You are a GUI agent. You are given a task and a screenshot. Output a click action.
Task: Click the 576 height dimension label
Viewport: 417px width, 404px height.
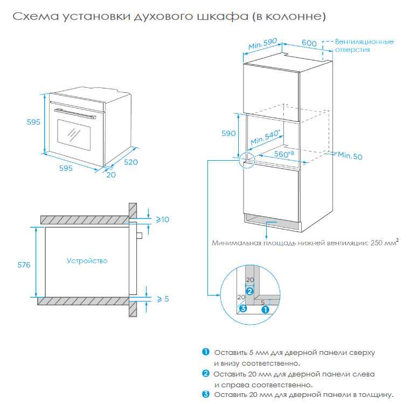(x=24, y=265)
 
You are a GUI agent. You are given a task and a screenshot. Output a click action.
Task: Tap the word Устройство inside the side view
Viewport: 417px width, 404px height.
(x=87, y=261)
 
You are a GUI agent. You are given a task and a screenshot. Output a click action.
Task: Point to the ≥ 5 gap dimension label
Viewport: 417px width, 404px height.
(x=163, y=299)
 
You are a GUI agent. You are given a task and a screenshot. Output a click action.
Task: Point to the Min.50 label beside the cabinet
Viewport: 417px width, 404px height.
(x=350, y=156)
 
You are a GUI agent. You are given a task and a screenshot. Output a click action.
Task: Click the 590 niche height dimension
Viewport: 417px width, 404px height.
(x=230, y=133)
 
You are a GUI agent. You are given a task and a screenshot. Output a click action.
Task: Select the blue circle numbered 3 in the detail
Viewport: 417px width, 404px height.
(x=243, y=309)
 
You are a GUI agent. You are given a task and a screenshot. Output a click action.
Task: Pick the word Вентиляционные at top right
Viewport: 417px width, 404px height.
(x=364, y=42)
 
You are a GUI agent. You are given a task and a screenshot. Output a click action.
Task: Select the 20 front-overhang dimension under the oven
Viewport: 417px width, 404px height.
(x=110, y=175)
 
